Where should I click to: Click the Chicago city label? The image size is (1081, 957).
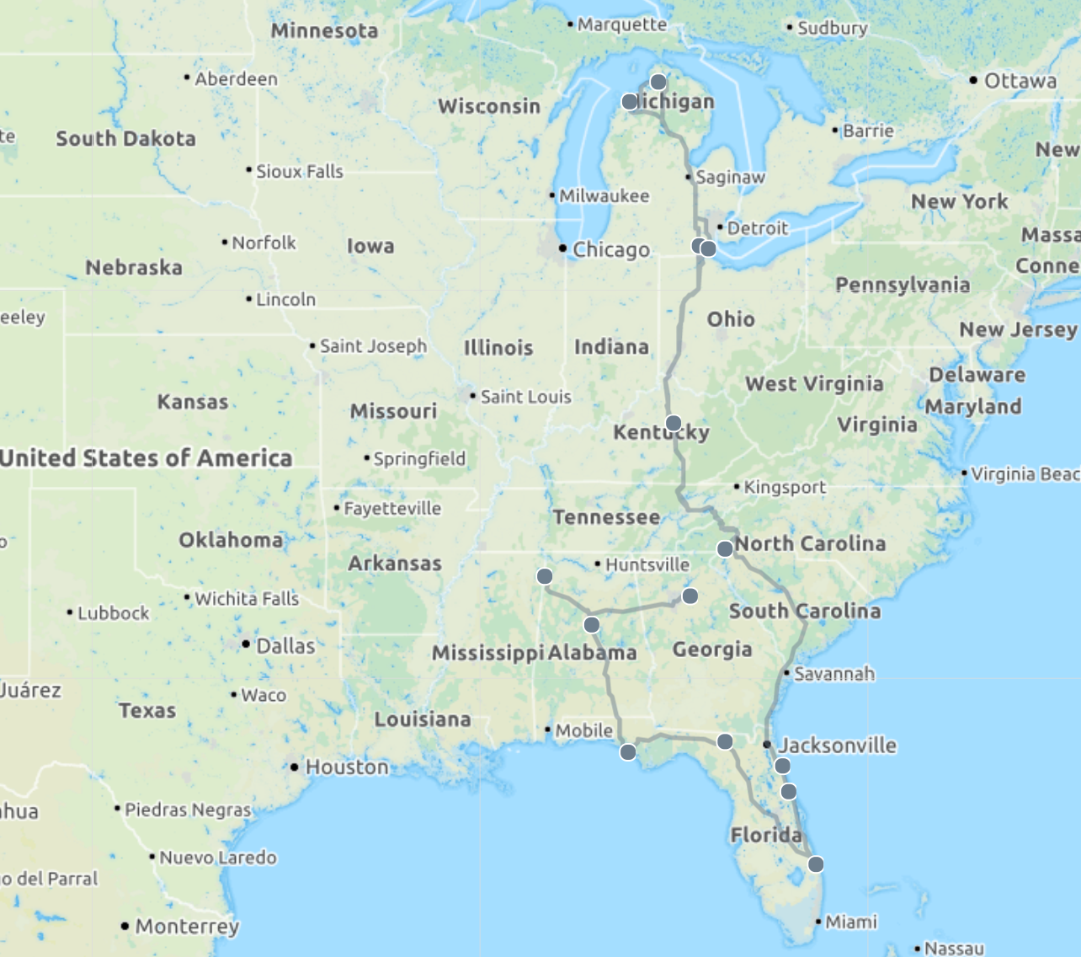[x=610, y=249]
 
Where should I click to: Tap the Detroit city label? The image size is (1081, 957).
[x=757, y=227]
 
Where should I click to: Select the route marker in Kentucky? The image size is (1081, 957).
[x=674, y=423]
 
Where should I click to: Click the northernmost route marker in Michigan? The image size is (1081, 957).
[x=658, y=82]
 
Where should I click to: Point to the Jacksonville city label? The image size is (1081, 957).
[x=837, y=745]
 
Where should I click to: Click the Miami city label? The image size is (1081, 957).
[x=850, y=922]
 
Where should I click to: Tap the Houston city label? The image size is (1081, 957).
[x=346, y=767]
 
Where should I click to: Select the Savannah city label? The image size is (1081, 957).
[x=833, y=673]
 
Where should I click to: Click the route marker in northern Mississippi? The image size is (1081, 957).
[x=545, y=576]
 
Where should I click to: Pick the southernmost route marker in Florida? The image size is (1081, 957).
[x=816, y=863]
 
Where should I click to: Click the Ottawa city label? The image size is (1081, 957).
[x=1020, y=81]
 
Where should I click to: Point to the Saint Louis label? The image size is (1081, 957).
[x=525, y=396]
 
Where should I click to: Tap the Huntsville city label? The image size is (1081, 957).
[x=647, y=564]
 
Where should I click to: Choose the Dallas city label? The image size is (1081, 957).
[x=285, y=645]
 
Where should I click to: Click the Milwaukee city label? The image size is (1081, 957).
[x=604, y=195]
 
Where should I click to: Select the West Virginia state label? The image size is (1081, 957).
[x=814, y=384]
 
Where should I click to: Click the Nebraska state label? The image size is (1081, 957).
[x=134, y=267]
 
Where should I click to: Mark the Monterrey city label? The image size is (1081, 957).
[x=187, y=926]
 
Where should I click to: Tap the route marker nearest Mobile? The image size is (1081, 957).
[x=628, y=751]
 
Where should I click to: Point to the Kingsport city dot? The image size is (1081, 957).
[x=737, y=487]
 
